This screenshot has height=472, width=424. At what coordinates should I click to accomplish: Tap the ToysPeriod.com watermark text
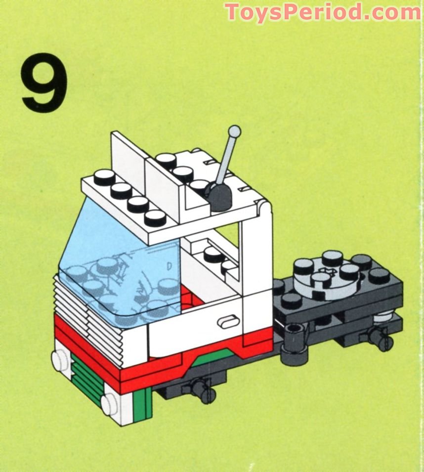[x=323, y=12]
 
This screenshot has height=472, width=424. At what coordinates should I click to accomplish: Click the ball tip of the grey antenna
[x=235, y=131]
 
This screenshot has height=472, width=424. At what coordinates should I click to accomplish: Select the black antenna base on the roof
[x=219, y=195]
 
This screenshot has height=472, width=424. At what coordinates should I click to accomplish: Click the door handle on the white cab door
[x=227, y=321]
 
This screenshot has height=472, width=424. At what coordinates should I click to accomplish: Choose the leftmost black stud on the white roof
[x=104, y=177]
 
